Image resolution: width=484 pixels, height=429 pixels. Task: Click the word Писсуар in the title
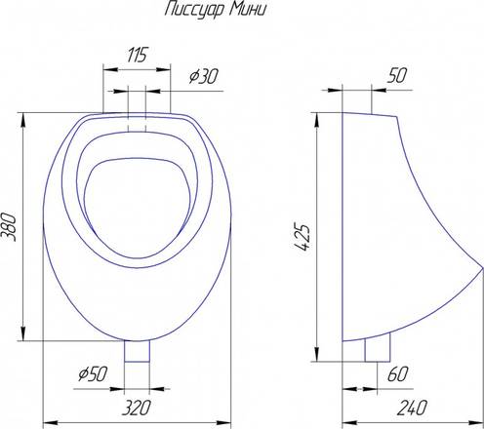194,10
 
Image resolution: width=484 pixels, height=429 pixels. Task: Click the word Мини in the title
248,9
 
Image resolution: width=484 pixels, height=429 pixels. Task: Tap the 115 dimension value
138,55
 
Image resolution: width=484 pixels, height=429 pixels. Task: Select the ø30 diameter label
204,76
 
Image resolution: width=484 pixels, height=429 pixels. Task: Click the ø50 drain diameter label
93,373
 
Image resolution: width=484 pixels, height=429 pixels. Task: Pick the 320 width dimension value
137,408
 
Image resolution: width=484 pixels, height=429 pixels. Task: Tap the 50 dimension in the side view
397,75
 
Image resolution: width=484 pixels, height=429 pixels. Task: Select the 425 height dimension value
301,237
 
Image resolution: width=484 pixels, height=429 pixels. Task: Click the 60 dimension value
397,374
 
